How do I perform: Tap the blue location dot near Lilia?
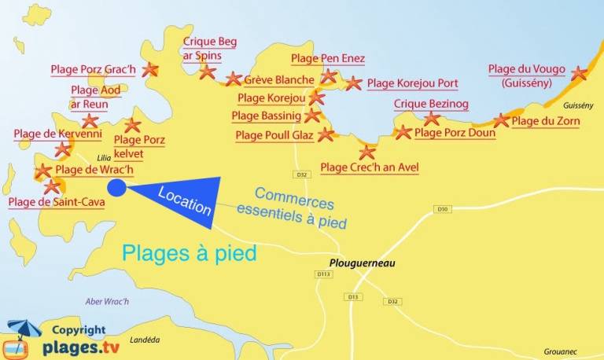pos(116,187)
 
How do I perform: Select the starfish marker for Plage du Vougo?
pos(579,73)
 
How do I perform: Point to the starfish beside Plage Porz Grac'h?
pos(149,70)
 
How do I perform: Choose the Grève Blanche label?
pos(279,80)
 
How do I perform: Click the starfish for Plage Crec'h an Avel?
pos(366,152)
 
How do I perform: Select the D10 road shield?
pos(442,208)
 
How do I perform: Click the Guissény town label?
pos(578,105)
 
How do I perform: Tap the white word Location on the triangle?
pos(185,200)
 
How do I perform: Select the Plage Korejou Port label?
pos(412,83)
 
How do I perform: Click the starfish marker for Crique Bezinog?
pos(431,119)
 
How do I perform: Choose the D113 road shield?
pos(323,274)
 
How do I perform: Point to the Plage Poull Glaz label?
pos(274,136)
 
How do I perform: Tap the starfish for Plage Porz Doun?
pos(403,132)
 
